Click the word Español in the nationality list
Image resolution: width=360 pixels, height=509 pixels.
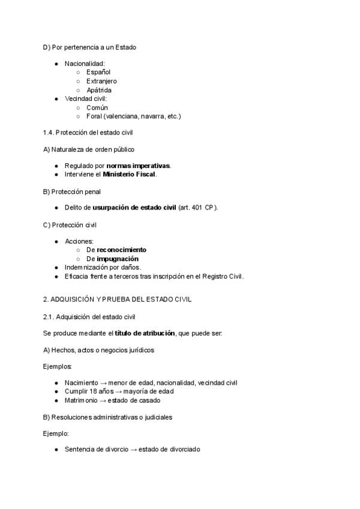98,72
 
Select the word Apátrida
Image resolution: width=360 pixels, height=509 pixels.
99,90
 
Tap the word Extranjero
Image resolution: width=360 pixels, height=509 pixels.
101,81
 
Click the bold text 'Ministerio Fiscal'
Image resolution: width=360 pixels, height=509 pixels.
129,174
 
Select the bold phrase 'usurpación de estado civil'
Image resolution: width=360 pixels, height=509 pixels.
134,208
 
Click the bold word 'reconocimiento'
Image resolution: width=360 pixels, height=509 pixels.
125,250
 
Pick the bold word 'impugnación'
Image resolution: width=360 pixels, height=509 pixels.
122,259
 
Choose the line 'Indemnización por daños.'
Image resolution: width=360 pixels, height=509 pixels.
103,267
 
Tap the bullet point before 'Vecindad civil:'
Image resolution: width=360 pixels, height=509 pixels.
56,98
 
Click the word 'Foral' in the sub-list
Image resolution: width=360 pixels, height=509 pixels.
94,116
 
